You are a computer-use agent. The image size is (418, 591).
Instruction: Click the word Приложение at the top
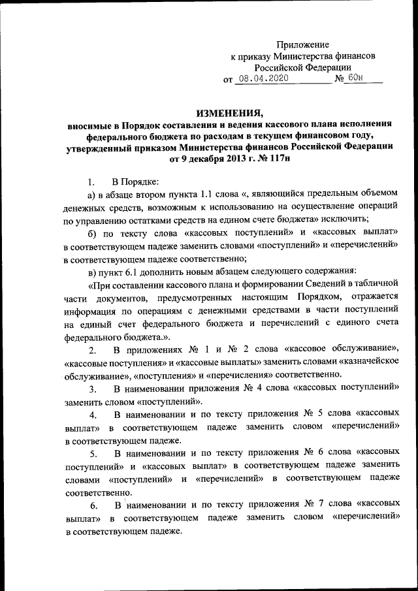(x=303, y=44)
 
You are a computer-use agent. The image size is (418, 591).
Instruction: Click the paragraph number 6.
(x=93, y=505)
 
